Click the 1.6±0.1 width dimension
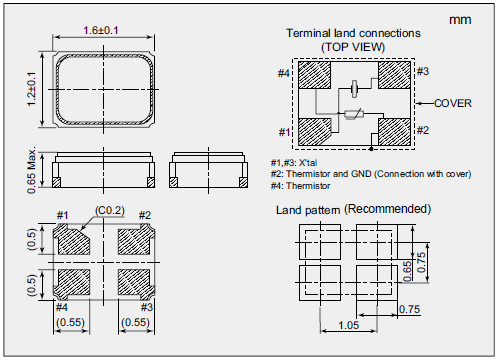click(x=101, y=31)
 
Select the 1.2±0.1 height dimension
click(x=31, y=89)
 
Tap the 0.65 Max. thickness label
click(x=32, y=171)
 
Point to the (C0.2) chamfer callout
click(x=110, y=211)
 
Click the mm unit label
click(x=460, y=20)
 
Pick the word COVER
click(x=453, y=103)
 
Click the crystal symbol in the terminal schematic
click(x=354, y=88)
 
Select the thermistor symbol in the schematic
click(x=354, y=114)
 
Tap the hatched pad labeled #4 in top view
click(x=314, y=75)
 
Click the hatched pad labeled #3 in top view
click(x=394, y=75)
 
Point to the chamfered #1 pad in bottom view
click(x=73, y=239)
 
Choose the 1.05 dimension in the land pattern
click(x=348, y=325)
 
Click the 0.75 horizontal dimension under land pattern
click(x=410, y=309)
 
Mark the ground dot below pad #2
click(x=371, y=149)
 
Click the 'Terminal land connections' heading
click(x=353, y=33)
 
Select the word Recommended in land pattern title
click(x=388, y=209)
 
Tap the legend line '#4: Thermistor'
click(x=300, y=186)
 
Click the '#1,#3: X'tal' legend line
click(x=294, y=163)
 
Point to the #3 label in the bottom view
click(x=146, y=307)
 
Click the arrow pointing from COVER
click(x=425, y=104)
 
